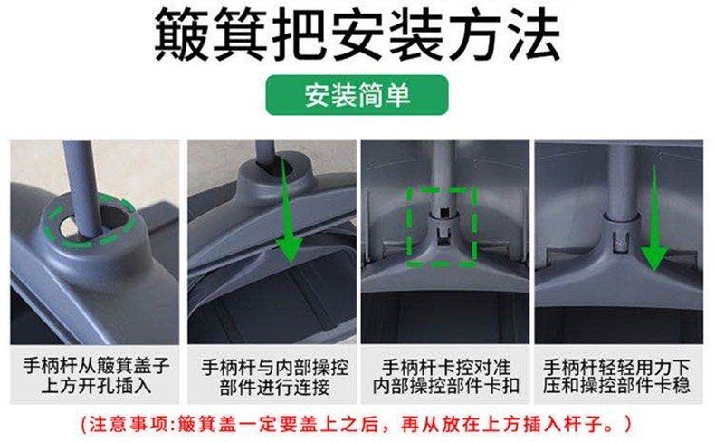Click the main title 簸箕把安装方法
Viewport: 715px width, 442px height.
click(x=357, y=34)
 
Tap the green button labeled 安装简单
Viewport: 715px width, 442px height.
click(x=357, y=95)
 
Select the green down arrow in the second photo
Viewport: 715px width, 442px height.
click(x=289, y=212)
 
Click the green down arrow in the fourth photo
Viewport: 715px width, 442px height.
click(x=654, y=219)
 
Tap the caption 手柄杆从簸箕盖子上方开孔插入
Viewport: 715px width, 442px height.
click(x=96, y=375)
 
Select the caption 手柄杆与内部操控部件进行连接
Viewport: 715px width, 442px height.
click(x=275, y=377)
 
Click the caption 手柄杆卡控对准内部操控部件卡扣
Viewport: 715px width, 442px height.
click(x=446, y=376)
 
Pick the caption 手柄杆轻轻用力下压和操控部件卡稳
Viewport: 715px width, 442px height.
click(x=616, y=376)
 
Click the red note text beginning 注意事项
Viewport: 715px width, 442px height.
click(x=357, y=424)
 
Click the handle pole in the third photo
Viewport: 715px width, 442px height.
click(x=443, y=178)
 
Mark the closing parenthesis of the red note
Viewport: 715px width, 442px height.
click(x=629, y=424)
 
